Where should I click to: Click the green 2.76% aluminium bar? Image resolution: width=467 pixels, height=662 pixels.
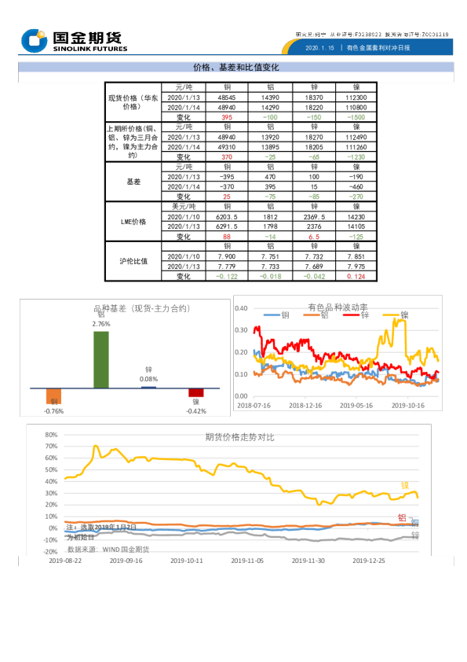point(101,359)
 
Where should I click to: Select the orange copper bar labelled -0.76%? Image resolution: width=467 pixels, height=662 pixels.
point(53,397)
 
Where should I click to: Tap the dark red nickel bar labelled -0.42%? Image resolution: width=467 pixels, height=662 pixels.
point(195,392)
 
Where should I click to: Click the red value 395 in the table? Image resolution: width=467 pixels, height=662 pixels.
point(227,117)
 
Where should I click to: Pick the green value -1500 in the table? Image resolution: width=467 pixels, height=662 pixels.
point(356,117)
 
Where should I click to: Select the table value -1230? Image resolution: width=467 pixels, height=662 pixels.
point(356,157)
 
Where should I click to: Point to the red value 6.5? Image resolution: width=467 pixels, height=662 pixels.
point(314,237)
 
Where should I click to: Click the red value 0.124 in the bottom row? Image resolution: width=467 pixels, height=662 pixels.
point(356,277)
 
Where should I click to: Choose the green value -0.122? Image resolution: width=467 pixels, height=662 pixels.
point(227,277)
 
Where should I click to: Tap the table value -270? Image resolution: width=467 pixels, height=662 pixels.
point(356,197)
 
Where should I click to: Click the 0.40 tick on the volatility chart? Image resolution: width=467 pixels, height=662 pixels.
point(242,308)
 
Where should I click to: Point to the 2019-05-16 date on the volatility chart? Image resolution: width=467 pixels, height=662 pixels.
point(356,406)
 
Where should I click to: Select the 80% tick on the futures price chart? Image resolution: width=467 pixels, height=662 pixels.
point(51,434)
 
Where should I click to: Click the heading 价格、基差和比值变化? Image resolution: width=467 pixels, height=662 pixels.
point(235,68)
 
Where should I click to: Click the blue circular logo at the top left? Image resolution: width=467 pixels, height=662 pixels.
point(35,41)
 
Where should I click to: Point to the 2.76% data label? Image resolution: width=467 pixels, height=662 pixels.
point(101,324)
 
